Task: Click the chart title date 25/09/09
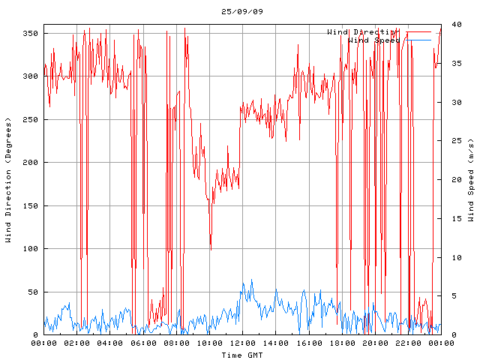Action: pos(242,11)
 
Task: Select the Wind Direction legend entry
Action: pos(361,32)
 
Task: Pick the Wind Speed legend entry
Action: pos(373,40)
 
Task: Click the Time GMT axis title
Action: pos(241,354)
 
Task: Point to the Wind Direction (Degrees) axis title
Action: pos(9,180)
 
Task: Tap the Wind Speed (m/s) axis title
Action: pos(470,180)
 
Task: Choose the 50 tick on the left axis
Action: pos(32,292)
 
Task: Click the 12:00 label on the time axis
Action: pos(242,343)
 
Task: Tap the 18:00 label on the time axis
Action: pos(341,343)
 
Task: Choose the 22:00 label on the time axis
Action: pos(407,343)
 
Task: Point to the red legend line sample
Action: pos(418,32)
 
